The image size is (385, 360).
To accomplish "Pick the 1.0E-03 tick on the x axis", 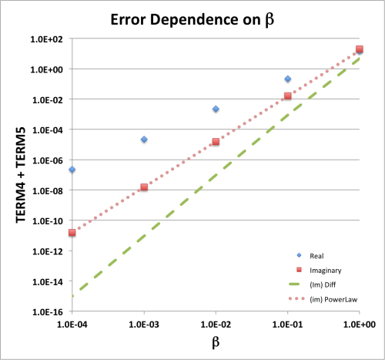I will click(x=144, y=324).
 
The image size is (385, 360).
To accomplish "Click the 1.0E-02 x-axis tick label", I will click(x=216, y=324).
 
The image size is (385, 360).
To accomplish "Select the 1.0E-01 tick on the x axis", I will click(x=288, y=324).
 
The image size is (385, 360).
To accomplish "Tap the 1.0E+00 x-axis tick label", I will click(x=359, y=324).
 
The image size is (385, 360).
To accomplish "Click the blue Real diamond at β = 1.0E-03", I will click(x=144, y=140).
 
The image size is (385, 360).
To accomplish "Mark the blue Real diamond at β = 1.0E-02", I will click(x=216, y=109).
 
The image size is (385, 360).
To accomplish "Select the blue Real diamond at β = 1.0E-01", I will click(x=288, y=79).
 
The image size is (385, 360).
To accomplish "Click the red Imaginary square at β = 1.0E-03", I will click(x=144, y=187).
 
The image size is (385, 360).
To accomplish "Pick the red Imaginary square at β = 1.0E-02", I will click(x=216, y=142).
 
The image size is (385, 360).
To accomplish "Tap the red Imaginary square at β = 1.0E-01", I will click(x=288, y=96).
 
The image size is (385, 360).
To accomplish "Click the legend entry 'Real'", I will click(x=316, y=255).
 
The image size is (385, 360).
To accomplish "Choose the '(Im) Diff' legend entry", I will click(x=321, y=284).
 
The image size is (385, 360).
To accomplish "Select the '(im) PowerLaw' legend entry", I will click(x=327, y=299).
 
